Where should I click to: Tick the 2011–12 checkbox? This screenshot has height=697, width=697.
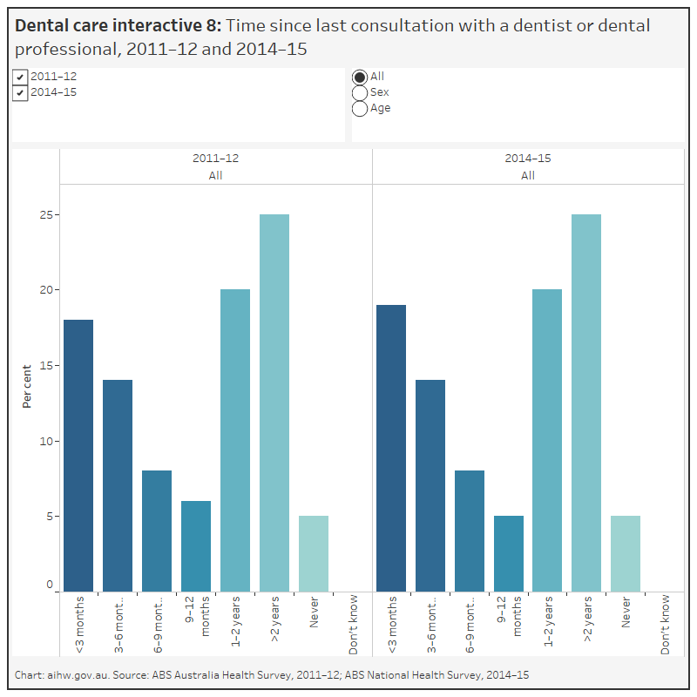tap(20, 77)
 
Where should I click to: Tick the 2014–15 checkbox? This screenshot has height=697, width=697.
tap(20, 92)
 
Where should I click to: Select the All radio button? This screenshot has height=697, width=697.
tap(359, 77)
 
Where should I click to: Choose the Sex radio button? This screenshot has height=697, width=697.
tap(359, 92)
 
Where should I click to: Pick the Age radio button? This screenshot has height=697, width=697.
tap(359, 108)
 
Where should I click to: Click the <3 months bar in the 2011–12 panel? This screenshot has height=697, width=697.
tap(78, 456)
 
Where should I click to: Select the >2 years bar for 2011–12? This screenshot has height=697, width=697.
tap(274, 403)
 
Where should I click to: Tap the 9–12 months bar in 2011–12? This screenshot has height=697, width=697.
tap(196, 546)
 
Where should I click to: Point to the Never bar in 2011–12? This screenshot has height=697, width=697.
tap(314, 554)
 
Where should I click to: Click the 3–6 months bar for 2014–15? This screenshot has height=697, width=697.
tap(430, 486)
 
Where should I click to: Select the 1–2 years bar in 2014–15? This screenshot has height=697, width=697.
tap(547, 441)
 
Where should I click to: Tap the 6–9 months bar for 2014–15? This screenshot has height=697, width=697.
tap(470, 531)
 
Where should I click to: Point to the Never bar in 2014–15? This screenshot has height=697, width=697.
tap(626, 554)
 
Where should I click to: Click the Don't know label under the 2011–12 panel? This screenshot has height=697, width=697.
tap(353, 625)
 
